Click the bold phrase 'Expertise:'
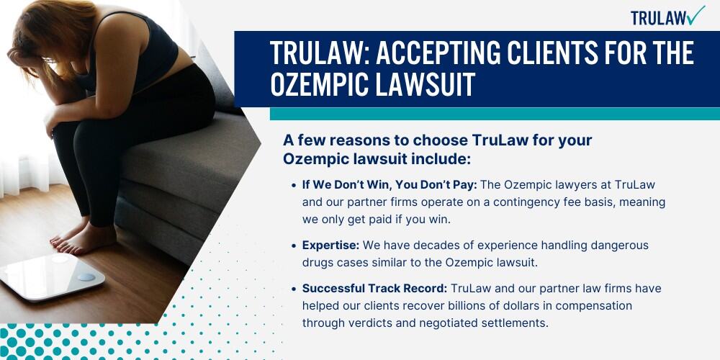330,246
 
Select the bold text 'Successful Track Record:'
374,289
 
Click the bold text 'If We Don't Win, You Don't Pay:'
390,184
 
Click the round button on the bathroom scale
86,277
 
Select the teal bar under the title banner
495,114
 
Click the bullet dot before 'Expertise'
294,246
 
